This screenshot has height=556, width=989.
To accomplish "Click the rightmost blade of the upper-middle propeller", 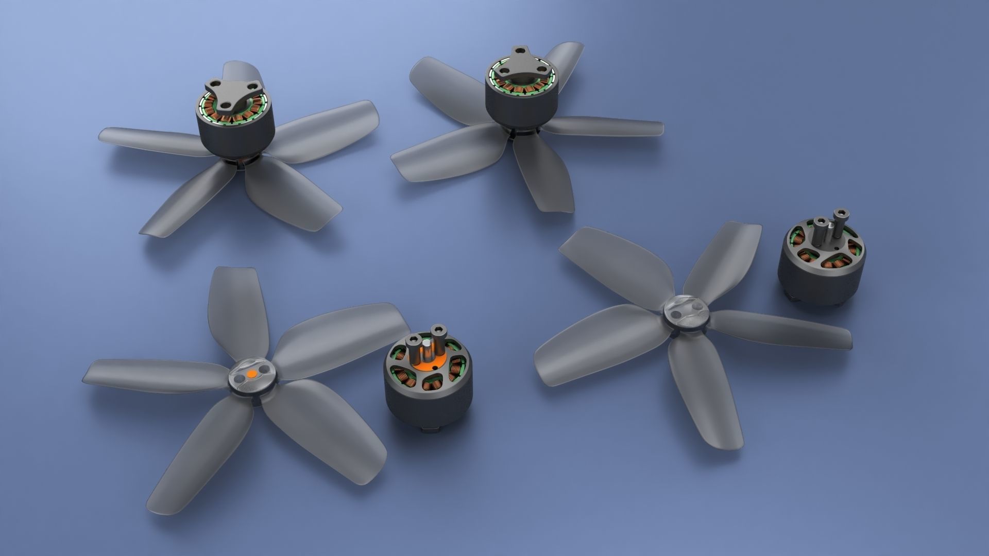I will point(608,126).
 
